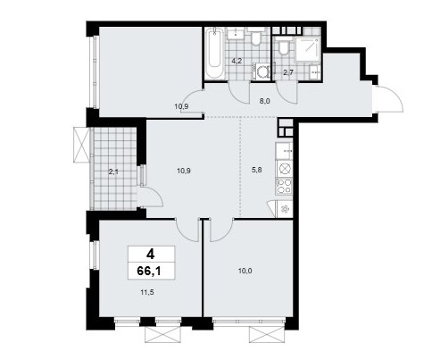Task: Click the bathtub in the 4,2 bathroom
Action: tap(215, 54)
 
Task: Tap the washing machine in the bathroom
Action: tap(262, 71)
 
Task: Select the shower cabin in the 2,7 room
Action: tap(308, 50)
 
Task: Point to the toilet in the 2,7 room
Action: tap(284, 46)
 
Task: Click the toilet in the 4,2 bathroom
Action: tap(256, 37)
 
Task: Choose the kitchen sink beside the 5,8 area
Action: tap(284, 151)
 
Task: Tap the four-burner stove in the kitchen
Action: tap(285, 187)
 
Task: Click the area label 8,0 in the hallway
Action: tap(264, 101)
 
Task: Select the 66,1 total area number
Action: tap(151, 271)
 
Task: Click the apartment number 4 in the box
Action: tap(151, 255)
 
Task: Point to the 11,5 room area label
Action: tap(147, 292)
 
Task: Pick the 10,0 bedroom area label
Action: tap(245, 271)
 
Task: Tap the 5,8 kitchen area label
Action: tap(257, 170)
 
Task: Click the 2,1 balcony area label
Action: tap(113, 172)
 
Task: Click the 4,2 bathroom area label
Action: tap(237, 61)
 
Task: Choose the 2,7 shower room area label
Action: tap(288, 72)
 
